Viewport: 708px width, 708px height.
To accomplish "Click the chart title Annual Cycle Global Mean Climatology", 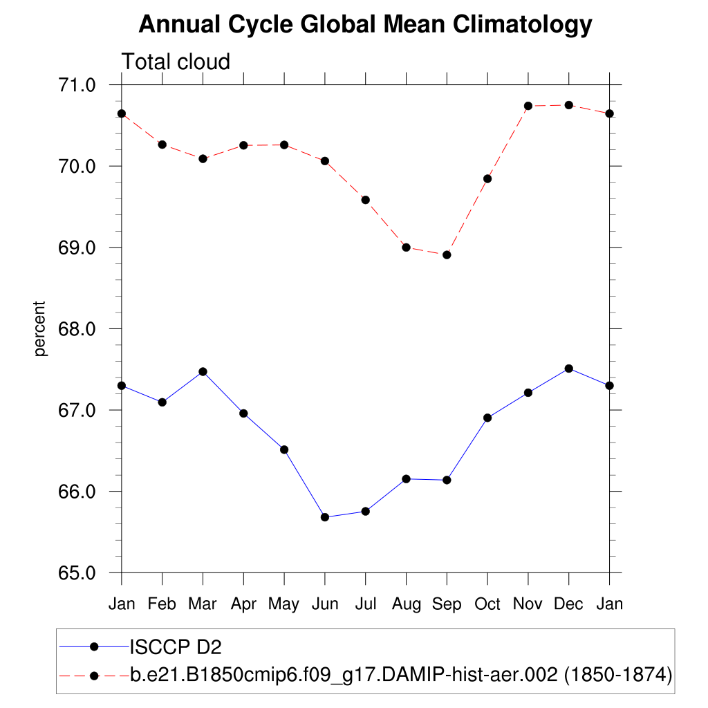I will (365, 25).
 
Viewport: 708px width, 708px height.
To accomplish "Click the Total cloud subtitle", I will (176, 62).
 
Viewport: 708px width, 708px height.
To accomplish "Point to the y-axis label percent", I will (41, 328).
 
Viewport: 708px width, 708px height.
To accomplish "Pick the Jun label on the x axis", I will (325, 604).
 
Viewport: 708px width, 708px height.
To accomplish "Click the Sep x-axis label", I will (447, 604).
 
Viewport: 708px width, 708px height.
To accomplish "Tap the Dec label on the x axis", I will (568, 604).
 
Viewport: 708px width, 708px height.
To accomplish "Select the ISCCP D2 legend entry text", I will (176, 646).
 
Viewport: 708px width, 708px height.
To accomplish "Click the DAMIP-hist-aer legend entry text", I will (401, 674).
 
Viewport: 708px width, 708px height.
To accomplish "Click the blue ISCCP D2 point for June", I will (325, 517).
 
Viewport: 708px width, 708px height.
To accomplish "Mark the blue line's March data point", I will (203, 371).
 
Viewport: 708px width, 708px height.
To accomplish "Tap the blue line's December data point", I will (568, 369).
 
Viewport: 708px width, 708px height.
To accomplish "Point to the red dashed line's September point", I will (447, 254).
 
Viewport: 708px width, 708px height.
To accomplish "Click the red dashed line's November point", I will (528, 106).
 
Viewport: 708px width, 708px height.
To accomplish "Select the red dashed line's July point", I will (366, 200).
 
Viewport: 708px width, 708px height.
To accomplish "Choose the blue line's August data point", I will (406, 478).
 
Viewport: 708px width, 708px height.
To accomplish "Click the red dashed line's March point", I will (203, 158).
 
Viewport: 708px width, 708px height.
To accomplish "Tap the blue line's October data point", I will (487, 418).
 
